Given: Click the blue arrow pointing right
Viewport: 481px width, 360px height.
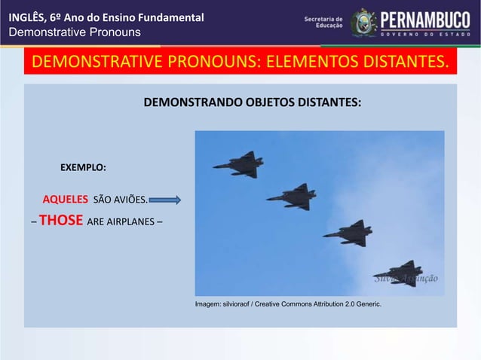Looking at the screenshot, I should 165,200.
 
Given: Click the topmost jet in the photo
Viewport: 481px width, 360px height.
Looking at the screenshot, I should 240,164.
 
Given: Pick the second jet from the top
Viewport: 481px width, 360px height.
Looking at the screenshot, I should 293,197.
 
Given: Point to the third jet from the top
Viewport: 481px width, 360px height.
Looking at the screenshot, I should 349,233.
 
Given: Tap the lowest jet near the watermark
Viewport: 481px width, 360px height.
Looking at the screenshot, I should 399,273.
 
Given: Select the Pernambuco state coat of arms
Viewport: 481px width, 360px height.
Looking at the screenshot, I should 363,23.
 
